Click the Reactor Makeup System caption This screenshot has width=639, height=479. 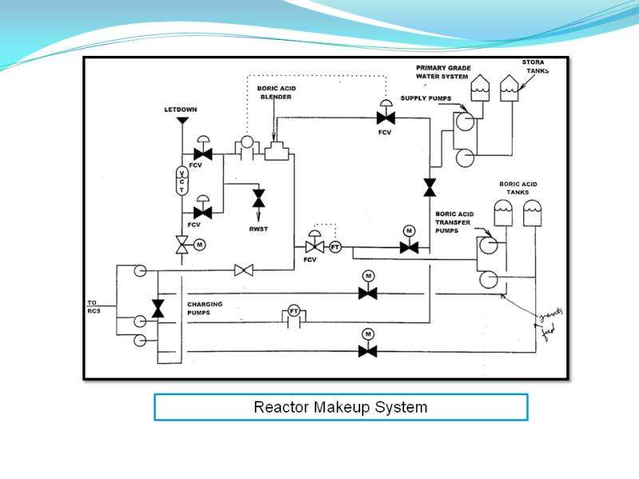tap(340, 407)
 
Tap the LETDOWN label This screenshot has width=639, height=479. tap(181, 109)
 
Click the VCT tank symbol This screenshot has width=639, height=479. tap(181, 180)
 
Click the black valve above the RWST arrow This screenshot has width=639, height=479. tap(258, 196)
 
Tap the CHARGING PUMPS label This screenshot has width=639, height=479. tap(205, 308)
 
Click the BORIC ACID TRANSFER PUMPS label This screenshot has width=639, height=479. tap(454, 222)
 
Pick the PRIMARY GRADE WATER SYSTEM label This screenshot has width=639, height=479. tap(442, 73)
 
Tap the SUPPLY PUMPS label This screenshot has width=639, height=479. tap(426, 98)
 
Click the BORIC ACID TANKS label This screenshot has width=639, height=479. tap(518, 188)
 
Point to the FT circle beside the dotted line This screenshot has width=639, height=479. tap(335, 247)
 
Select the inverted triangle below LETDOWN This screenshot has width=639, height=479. tap(182, 121)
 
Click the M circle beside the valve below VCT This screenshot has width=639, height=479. tap(200, 244)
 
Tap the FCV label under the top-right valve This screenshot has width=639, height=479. tap(385, 133)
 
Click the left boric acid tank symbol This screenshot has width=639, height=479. tap(503, 212)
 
